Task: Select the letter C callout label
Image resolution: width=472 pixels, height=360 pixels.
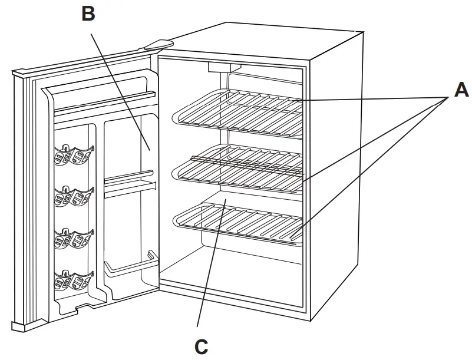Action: tap(201, 346)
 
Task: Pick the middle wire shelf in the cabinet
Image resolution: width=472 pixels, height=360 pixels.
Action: tap(236, 168)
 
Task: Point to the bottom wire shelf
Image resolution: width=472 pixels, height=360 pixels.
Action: tap(236, 221)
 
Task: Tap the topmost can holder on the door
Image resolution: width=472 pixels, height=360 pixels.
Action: tap(72, 154)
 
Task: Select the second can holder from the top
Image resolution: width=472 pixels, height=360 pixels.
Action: tap(72, 196)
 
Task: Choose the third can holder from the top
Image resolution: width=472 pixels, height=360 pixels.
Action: tap(72, 237)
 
